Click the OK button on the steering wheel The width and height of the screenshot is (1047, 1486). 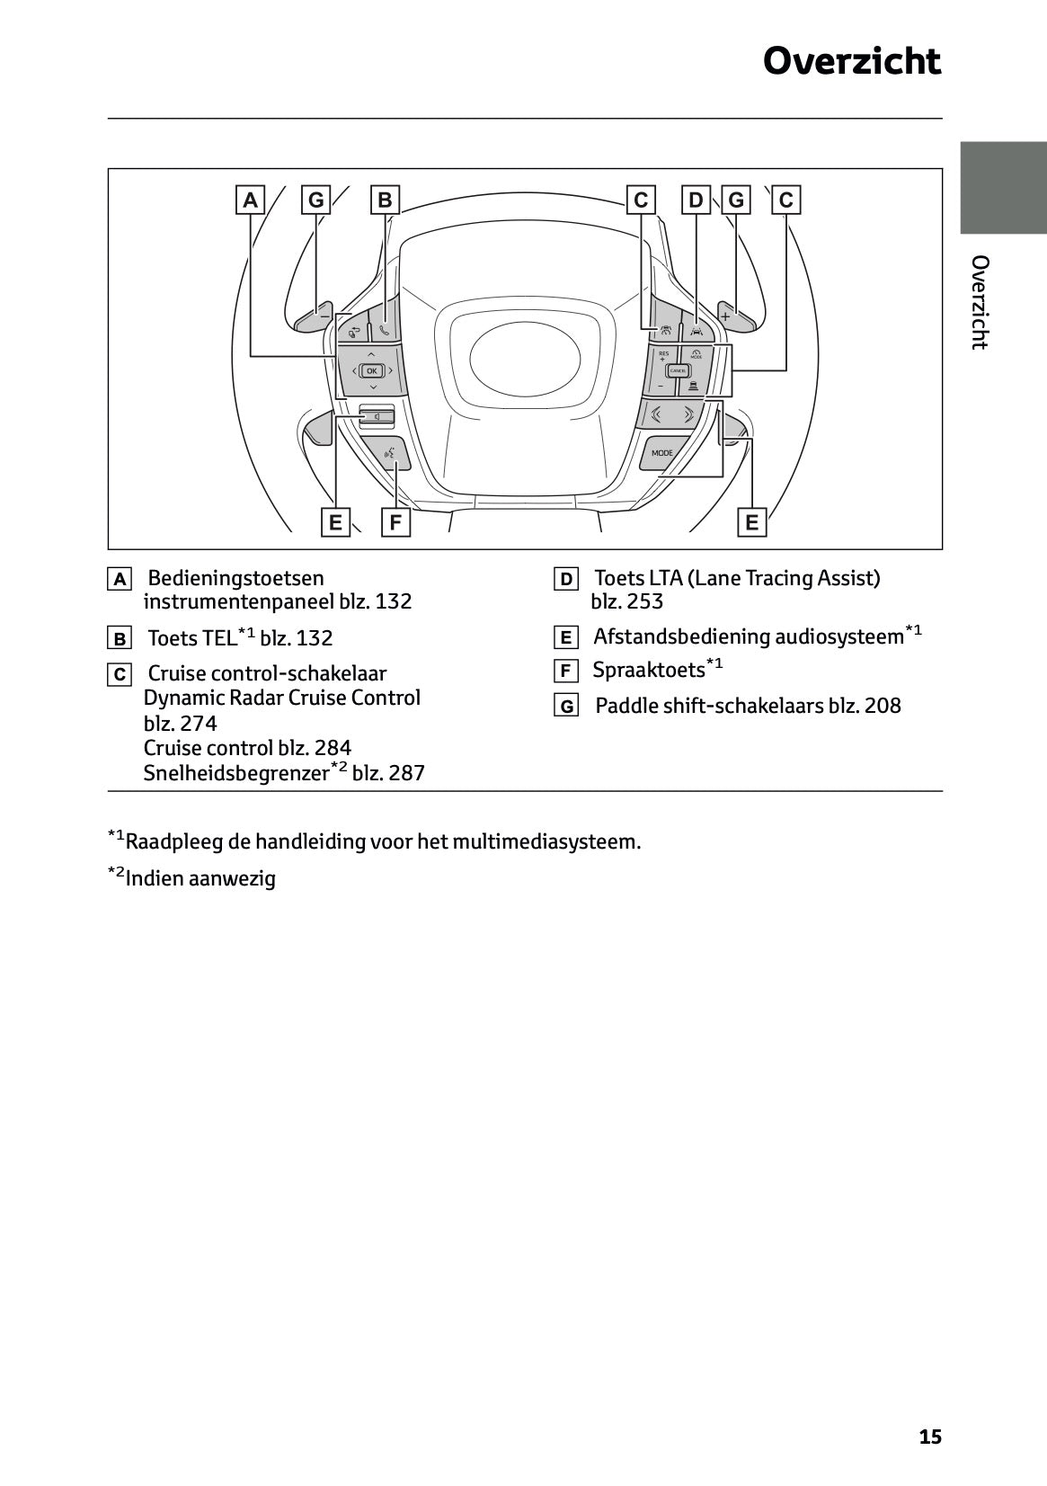click(x=371, y=370)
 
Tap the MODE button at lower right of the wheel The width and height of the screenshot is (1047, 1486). click(x=661, y=453)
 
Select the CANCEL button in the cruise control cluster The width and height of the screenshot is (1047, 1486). click(x=678, y=370)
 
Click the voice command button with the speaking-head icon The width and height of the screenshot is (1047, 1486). click(x=391, y=455)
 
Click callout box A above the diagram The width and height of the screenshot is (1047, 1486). click(x=251, y=200)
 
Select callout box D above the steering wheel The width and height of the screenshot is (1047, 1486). click(x=696, y=200)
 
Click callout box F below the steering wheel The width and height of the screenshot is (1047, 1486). click(x=395, y=521)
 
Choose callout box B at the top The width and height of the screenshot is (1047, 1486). click(x=385, y=200)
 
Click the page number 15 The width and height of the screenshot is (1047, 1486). click(x=930, y=1437)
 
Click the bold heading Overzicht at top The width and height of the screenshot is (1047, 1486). click(x=851, y=61)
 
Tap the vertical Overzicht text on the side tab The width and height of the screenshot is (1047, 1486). click(x=980, y=302)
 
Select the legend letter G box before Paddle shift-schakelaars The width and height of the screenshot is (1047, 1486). click(x=566, y=707)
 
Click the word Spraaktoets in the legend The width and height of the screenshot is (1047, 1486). click(x=648, y=670)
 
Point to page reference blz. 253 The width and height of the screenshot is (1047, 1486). click(x=626, y=601)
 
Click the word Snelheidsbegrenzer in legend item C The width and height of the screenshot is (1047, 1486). click(x=235, y=772)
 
